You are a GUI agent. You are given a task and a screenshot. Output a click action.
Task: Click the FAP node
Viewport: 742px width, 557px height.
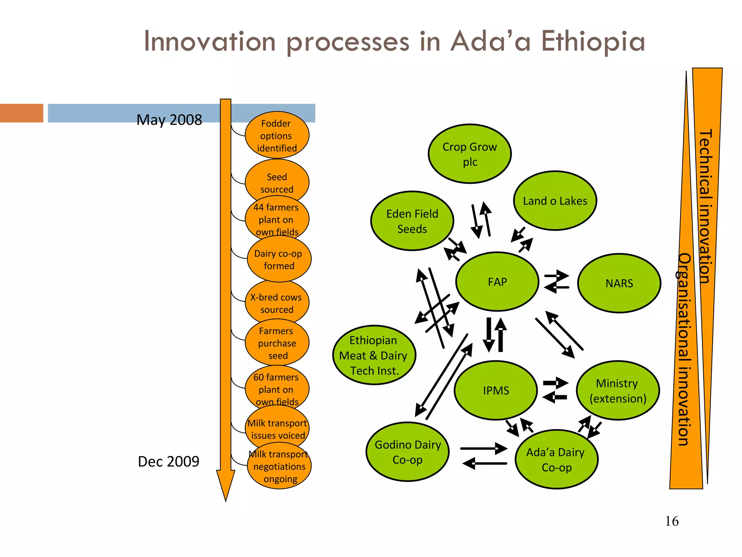[x=497, y=282]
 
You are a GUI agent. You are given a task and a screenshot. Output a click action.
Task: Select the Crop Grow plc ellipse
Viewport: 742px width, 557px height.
[x=470, y=154]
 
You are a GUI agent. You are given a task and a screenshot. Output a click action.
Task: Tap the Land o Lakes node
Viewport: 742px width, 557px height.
[x=555, y=201]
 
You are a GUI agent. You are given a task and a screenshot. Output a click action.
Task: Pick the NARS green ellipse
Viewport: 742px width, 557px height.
[x=619, y=283]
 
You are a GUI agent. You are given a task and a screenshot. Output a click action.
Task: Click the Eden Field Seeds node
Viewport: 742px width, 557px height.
[x=412, y=221]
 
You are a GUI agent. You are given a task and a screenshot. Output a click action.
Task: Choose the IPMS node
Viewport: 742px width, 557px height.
[x=496, y=391]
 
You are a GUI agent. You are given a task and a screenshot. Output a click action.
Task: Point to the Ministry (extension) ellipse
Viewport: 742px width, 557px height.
[x=618, y=391]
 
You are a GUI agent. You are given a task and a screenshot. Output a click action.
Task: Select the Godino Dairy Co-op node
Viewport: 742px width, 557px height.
[x=408, y=452]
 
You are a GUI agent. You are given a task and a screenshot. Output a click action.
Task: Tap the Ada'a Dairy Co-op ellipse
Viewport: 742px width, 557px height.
[x=556, y=459]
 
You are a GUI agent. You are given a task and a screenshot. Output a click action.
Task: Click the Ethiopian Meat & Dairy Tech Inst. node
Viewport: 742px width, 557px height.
[x=374, y=355]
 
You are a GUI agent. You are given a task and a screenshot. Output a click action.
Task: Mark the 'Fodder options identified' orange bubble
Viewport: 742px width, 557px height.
[x=277, y=135]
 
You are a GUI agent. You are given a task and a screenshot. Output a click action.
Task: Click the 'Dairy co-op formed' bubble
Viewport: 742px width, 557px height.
[x=279, y=259]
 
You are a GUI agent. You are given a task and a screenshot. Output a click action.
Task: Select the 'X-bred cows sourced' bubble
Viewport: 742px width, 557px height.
[x=277, y=303]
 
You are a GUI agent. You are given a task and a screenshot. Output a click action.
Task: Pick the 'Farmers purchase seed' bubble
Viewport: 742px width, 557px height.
[x=277, y=343]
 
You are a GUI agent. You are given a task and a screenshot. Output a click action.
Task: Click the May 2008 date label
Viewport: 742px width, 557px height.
[x=169, y=120]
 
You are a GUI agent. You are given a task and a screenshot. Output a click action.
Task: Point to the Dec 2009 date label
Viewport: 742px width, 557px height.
[x=168, y=461]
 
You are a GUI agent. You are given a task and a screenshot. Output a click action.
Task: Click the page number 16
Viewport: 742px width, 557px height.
[x=672, y=521]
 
